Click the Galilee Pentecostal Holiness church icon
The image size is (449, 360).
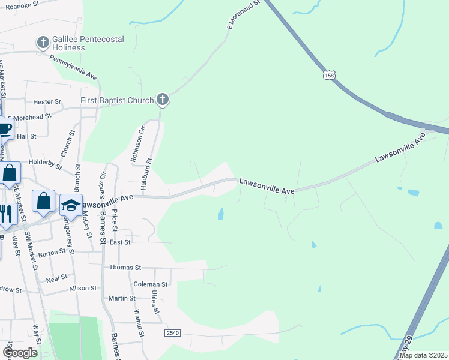(x=43, y=42)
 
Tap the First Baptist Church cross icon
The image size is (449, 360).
(x=162, y=100)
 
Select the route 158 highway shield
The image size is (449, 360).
(x=328, y=75)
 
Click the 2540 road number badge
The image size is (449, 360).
(x=172, y=332)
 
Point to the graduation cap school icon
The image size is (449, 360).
(x=71, y=205)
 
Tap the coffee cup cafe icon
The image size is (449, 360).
(x=4, y=128)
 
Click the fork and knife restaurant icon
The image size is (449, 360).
(x=5, y=213)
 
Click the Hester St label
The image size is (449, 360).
(x=47, y=102)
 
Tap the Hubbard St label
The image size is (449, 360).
(x=147, y=173)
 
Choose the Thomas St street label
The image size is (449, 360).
(x=125, y=268)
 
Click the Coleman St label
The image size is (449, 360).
(x=151, y=284)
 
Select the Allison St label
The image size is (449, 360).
(x=83, y=289)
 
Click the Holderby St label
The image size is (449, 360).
(x=45, y=162)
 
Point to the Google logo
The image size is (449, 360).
(x=20, y=353)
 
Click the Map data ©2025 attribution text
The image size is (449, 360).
(x=423, y=355)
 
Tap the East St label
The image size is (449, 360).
(x=120, y=242)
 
